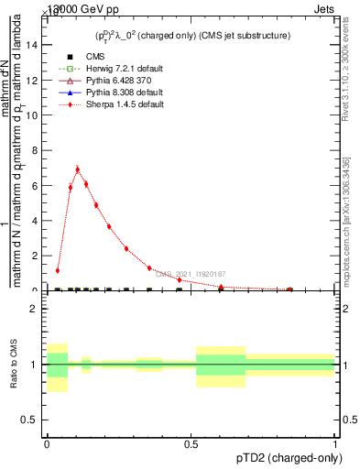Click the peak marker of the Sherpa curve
pyautogui.click(x=78, y=169)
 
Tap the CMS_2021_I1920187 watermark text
pyautogui.click(x=191, y=273)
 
